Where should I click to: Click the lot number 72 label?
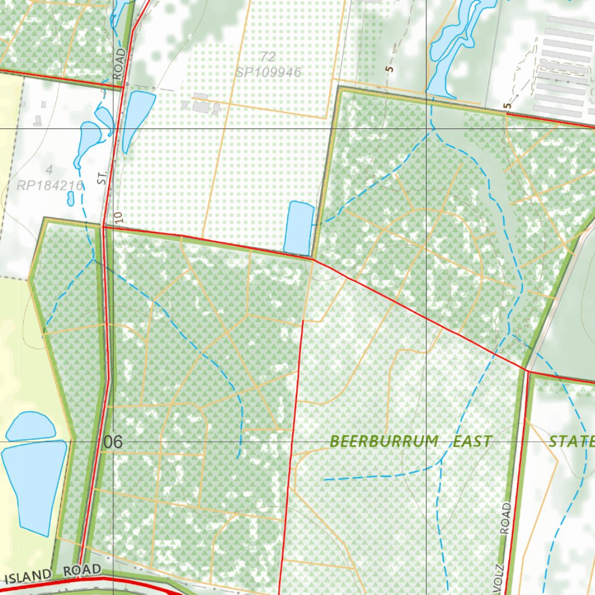pos(268,57)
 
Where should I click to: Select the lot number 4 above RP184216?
pos(49,170)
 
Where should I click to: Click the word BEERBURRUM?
pos(384,441)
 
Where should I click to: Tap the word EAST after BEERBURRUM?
pos(472,441)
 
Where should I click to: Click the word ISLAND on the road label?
pos(28,576)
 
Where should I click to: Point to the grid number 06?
pos(113,442)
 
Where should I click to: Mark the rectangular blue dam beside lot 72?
pos(299,228)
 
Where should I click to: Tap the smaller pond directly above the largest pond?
pos(30,426)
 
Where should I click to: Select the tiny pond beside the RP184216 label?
pos(71,199)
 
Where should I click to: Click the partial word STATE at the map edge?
pos(572,441)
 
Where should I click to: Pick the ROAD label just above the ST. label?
pos(120,64)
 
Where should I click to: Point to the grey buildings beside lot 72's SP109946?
pos(201,105)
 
